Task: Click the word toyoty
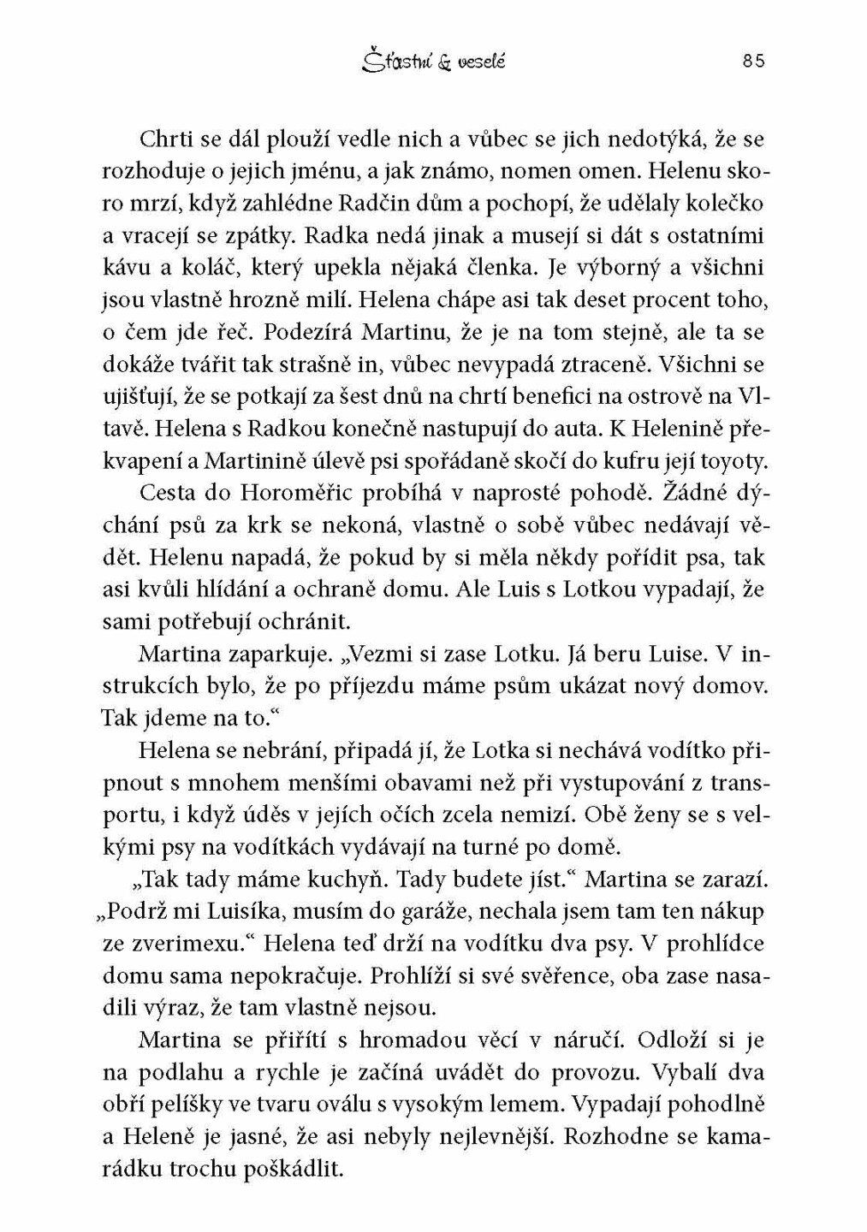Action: coord(733,461)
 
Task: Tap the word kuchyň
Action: coord(345,879)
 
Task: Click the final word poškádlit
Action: coord(292,1170)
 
